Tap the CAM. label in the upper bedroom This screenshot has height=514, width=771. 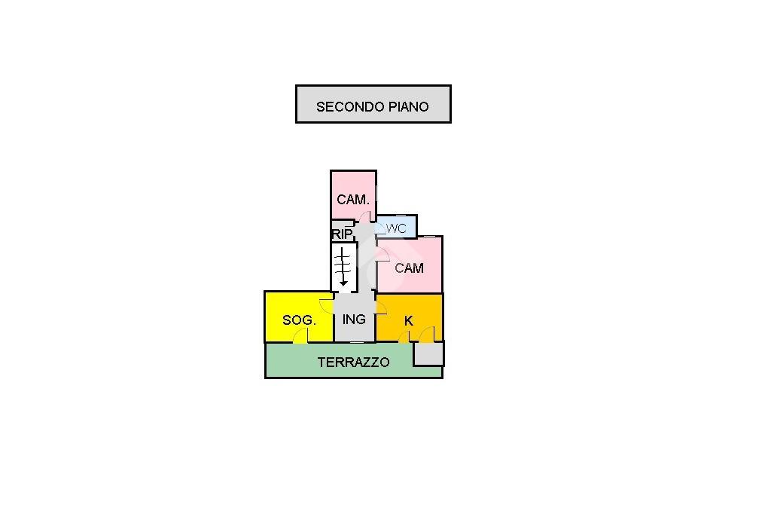[353, 200]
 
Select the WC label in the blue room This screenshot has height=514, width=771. [396, 228]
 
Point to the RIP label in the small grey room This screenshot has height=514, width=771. [343, 234]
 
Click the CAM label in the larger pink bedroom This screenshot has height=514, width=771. [409, 268]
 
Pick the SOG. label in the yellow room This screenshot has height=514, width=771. [299, 320]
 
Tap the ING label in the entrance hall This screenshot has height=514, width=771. [354, 320]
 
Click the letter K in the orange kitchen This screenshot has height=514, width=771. [408, 321]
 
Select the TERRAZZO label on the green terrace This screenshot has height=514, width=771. [354, 363]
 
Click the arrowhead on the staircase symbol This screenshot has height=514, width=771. [343, 283]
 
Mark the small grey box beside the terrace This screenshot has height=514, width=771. [428, 353]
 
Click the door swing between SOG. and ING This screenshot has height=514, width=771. [327, 306]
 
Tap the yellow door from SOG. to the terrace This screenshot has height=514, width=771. [300, 335]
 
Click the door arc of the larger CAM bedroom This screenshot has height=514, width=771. [383, 253]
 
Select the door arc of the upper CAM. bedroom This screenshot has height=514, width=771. [365, 216]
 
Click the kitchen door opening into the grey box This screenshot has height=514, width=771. [427, 334]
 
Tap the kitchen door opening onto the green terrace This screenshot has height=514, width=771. [404, 337]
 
